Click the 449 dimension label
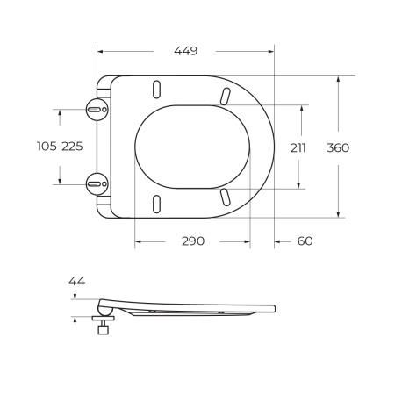184,51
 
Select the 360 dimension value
338,147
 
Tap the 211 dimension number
298,147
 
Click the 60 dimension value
304,241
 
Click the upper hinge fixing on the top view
97,110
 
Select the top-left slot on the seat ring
157,90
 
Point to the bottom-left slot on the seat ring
157,203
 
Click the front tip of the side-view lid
273,308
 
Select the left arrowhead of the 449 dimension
99,51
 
